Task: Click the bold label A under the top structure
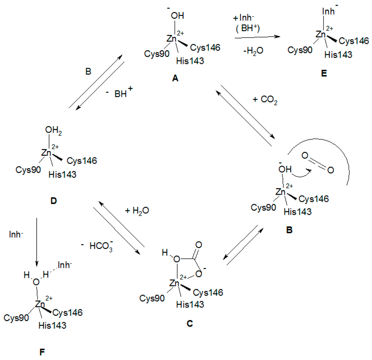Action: [x=175, y=78]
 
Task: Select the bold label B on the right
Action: [x=290, y=230]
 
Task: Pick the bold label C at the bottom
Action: [x=190, y=323]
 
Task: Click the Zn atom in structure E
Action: [x=320, y=34]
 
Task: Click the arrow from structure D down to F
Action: [x=37, y=241]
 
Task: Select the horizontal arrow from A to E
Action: [x=258, y=37]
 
